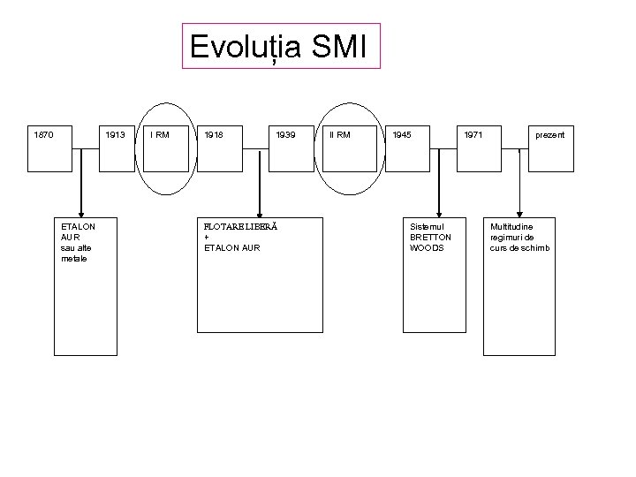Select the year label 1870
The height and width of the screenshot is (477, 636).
[43, 135]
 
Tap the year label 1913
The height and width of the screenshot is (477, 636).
[115, 135]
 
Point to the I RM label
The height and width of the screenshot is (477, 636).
[160, 135]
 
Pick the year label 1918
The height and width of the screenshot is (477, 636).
[213, 135]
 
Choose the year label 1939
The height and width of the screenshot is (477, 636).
[285, 135]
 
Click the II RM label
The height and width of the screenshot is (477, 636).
[339, 135]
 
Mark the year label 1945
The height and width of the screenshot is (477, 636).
[401, 135]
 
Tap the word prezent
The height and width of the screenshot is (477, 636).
[549, 135]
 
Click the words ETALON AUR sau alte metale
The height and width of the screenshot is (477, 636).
[79, 242]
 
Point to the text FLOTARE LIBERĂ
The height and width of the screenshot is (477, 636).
[240, 226]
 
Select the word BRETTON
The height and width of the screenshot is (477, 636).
[430, 237]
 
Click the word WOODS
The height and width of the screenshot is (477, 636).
[428, 247]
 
